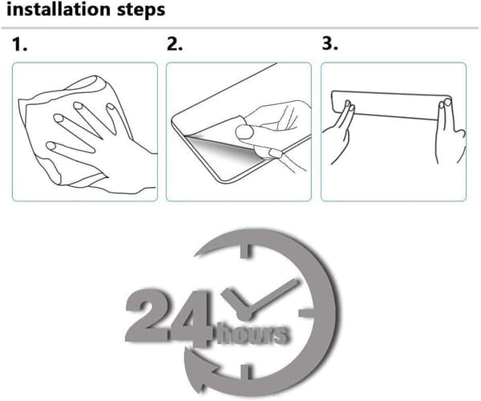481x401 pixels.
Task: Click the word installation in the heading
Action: pos(59,9)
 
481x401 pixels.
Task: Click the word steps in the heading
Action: pos(141,10)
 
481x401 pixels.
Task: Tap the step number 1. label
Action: pos(20,44)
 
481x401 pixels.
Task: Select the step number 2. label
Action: pos(175,44)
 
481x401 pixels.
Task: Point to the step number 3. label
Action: pos(330,43)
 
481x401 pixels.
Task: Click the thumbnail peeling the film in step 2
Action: pos(245,132)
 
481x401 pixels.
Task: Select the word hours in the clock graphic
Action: pos(253,333)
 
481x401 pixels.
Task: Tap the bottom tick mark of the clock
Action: pos(246,372)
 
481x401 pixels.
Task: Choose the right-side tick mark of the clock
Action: pos(306,313)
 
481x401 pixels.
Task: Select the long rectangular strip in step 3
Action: pos(391,105)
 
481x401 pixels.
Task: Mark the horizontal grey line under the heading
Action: pos(240,28)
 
